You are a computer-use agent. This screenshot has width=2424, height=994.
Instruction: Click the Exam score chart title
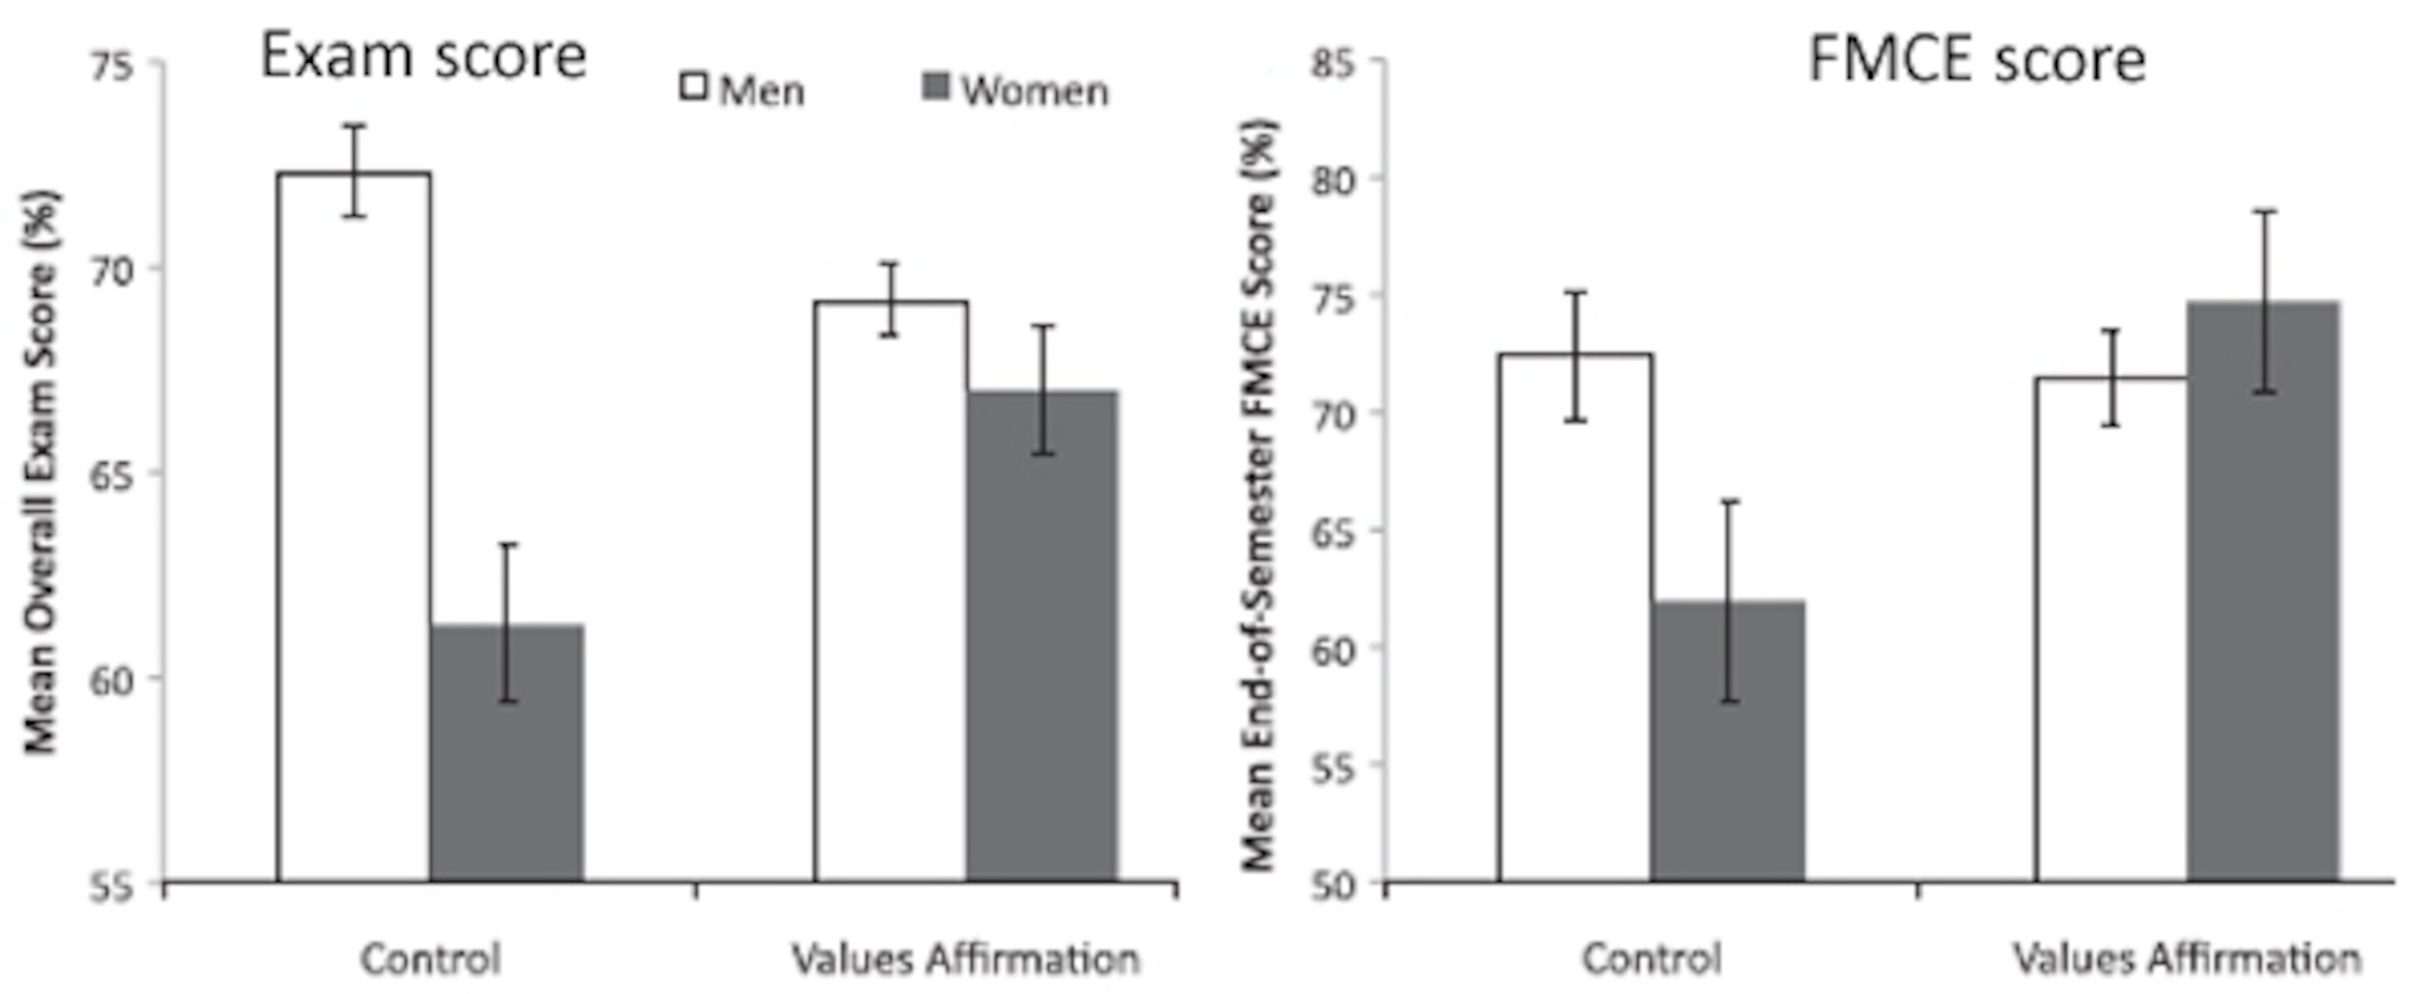424,57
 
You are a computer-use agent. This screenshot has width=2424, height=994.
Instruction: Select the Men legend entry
743,92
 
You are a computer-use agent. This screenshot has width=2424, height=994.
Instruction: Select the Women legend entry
1016,92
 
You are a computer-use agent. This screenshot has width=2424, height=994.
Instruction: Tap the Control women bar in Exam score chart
507,753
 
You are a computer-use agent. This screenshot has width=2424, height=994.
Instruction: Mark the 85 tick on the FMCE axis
1334,64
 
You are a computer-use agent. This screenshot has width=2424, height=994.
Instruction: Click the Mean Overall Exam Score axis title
39,470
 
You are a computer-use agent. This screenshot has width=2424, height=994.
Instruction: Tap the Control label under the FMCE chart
1652,959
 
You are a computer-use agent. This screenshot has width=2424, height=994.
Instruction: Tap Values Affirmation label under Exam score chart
967,959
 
